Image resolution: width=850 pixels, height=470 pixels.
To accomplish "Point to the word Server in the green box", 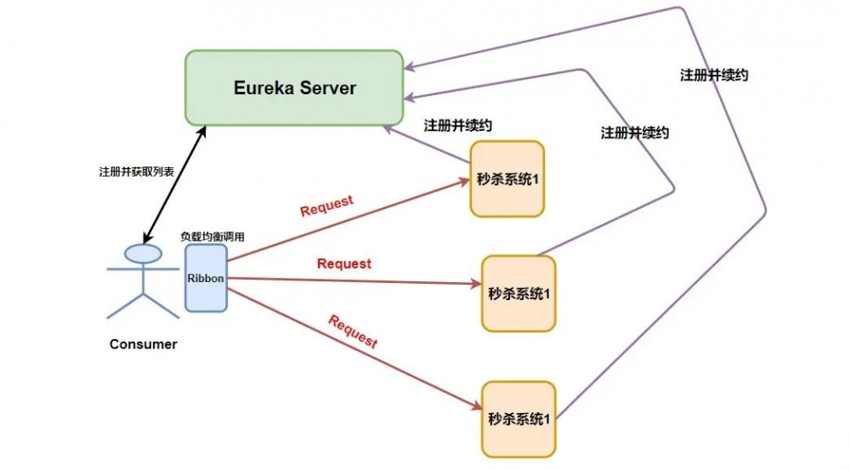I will pyautogui.click(x=326, y=88).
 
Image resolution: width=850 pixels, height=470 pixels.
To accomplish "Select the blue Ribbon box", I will pyautogui.click(x=207, y=278).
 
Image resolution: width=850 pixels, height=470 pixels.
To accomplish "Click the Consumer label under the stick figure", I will pyautogui.click(x=144, y=344).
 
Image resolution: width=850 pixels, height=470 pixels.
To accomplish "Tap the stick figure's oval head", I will pyautogui.click(x=143, y=252).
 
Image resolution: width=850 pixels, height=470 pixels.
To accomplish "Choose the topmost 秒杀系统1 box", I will pyautogui.click(x=507, y=178).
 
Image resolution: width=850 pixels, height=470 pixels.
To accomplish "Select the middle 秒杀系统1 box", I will pyautogui.click(x=518, y=293).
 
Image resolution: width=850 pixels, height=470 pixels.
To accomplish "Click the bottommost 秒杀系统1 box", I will pyautogui.click(x=518, y=418).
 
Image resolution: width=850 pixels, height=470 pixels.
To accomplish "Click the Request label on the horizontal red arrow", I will pyautogui.click(x=344, y=263).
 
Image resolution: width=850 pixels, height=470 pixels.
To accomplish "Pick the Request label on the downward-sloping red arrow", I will pyautogui.click(x=352, y=331).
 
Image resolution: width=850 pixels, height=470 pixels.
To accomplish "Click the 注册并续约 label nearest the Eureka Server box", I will pyautogui.click(x=458, y=125).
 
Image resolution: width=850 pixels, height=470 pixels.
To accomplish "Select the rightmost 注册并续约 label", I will pyautogui.click(x=714, y=75).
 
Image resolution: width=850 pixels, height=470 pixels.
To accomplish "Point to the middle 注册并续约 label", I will pyautogui.click(x=635, y=133).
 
